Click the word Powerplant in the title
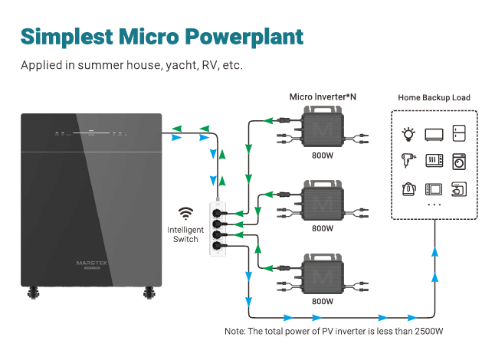tap(244, 38)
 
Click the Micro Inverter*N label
tap(323, 97)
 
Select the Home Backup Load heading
tap(434, 98)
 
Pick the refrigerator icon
tap(459, 133)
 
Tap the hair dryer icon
tap(408, 161)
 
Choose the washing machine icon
tap(459, 162)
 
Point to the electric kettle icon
tap(409, 189)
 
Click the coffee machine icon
tap(459, 189)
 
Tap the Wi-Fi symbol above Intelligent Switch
tap(185, 214)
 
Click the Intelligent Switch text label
tap(185, 234)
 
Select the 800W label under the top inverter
tap(323, 155)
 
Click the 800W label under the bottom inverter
tap(323, 301)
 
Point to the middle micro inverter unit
tap(323, 201)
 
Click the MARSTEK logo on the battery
tap(92, 263)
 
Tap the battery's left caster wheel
tap(33, 293)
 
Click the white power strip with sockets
tap(218, 229)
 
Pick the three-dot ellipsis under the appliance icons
tap(434, 205)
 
